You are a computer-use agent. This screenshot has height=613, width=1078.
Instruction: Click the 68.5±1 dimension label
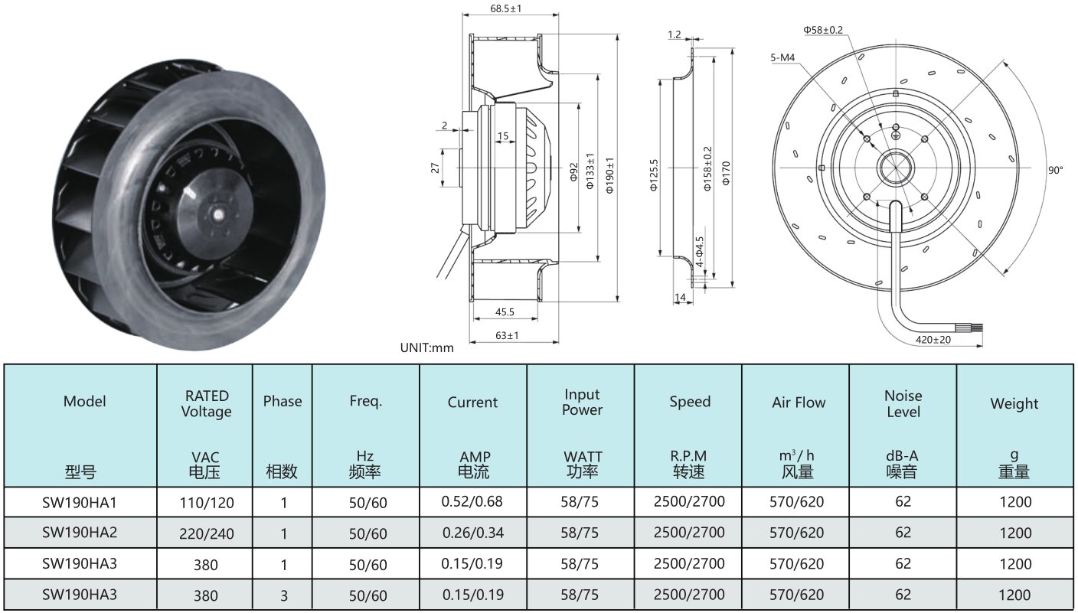coord(506,8)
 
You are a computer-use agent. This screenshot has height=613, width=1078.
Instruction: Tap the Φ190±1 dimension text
coord(609,175)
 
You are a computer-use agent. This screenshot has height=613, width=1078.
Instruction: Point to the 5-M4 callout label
coord(782,57)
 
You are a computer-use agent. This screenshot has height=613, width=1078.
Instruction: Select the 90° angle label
coord(1055,171)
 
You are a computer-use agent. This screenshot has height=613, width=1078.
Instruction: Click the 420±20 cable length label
coord(933,340)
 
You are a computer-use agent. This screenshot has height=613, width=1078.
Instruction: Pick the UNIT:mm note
coord(427,348)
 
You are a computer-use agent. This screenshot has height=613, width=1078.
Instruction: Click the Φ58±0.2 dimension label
coord(823,30)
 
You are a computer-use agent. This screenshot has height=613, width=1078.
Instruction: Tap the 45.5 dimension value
coord(505,311)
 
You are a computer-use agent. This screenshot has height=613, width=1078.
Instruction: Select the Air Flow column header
coord(799,403)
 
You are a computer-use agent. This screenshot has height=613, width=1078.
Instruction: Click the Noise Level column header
coord(903,404)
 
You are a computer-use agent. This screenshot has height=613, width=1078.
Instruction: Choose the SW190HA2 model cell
coord(80,532)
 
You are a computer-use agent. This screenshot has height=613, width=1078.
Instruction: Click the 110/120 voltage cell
coord(207,503)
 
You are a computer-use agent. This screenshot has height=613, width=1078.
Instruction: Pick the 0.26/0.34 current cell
coord(473,533)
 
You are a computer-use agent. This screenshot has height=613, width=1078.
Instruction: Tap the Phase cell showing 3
coord(284,595)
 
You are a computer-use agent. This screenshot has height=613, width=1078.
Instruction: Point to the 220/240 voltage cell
coord(207,533)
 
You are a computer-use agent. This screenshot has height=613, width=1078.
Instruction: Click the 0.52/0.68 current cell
coord(472,502)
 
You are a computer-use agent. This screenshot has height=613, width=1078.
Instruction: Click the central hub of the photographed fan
coord(217,214)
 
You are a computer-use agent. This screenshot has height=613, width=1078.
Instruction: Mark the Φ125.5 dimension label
coord(654,175)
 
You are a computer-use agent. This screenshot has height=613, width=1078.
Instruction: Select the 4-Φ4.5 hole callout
coord(700,252)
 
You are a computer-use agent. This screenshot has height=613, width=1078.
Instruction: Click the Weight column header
coord(1014,403)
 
